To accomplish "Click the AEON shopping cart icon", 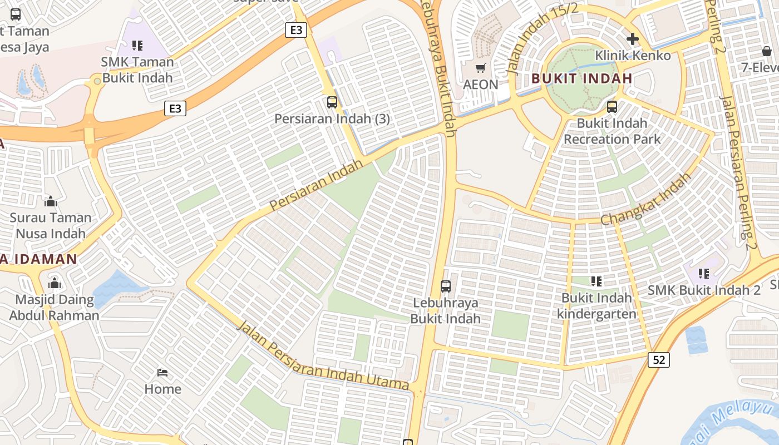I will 480,68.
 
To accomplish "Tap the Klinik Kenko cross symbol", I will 632,39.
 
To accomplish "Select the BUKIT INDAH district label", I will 581,78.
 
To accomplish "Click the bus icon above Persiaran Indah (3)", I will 332,102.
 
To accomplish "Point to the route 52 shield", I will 658,360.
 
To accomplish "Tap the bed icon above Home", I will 162,372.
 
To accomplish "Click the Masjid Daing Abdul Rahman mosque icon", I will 54,283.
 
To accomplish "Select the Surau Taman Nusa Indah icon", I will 51,201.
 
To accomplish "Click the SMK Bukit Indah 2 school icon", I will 704,273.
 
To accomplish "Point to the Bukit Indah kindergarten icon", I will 596,281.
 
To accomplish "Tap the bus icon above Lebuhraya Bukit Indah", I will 445,286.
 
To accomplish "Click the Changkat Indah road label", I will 645,199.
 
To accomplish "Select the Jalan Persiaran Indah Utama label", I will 323,356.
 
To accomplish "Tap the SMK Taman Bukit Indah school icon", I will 137,45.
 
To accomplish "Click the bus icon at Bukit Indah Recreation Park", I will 612,106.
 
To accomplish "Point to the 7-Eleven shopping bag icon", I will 767,51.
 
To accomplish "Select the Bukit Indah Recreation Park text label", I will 612,131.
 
